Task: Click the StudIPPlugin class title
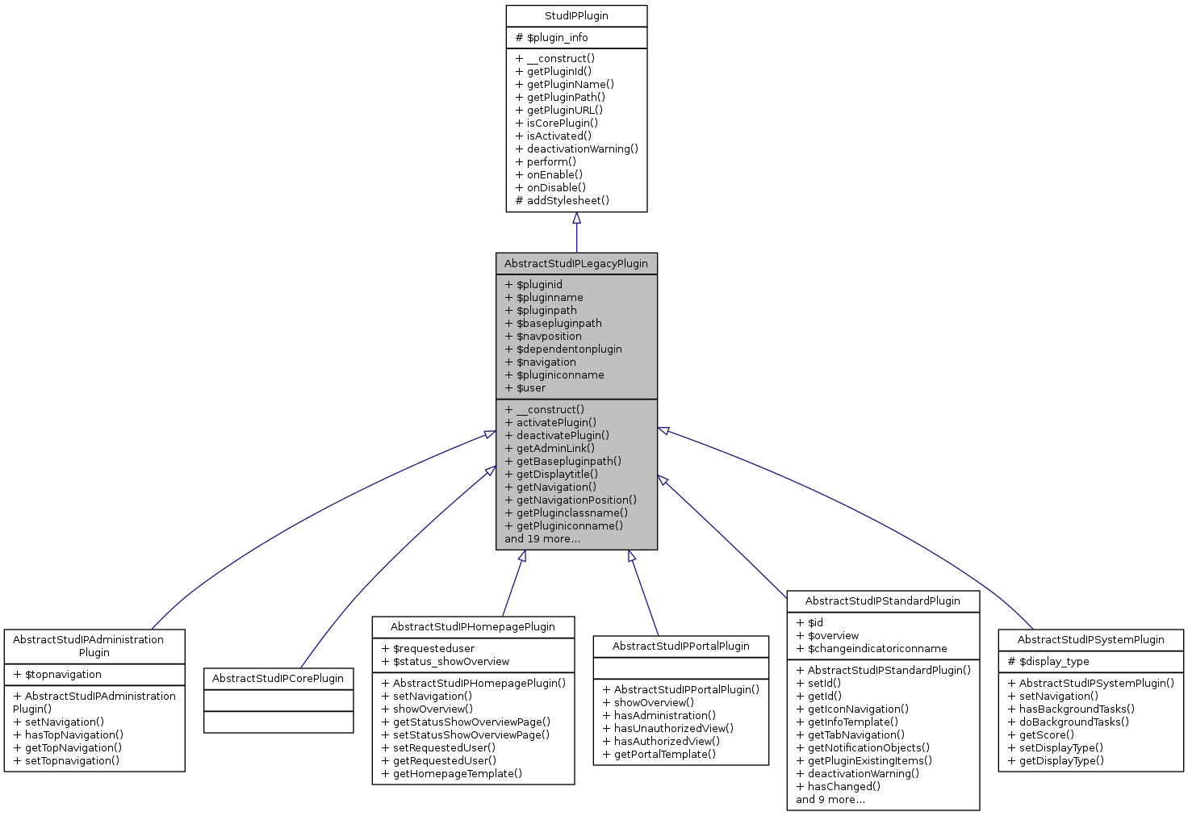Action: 576,16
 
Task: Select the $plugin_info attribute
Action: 552,38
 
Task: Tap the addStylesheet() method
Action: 563,201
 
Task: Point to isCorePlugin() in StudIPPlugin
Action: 557,123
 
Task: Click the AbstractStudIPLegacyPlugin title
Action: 576,264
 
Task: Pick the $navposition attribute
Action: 543,337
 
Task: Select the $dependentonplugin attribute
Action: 563,349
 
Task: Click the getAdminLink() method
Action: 550,449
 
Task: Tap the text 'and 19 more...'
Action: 542,539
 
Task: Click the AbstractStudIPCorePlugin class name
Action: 278,679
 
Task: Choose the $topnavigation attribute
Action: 57,675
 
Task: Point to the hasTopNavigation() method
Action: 69,735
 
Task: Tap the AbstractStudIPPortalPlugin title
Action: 681,647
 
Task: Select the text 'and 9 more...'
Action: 830,800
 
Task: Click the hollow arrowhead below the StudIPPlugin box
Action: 576,219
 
